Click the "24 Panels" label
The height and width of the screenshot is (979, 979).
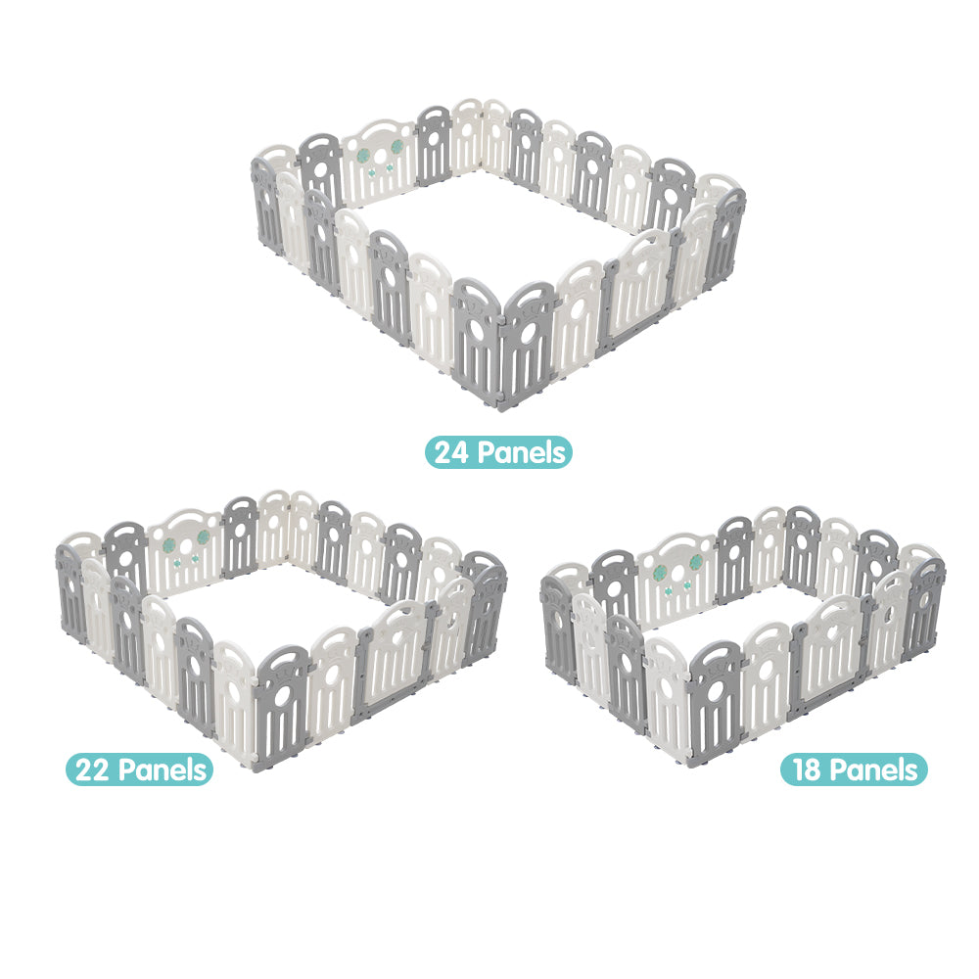click(498, 452)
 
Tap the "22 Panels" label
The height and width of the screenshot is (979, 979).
click(139, 769)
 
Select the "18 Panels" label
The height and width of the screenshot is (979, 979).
click(854, 769)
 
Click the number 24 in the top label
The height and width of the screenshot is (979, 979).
click(451, 452)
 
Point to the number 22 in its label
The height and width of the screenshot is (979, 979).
click(92, 769)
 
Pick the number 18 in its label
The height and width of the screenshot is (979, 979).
click(807, 769)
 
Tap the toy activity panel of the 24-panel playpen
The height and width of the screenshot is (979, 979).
click(378, 163)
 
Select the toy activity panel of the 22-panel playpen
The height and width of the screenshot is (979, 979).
click(185, 550)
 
